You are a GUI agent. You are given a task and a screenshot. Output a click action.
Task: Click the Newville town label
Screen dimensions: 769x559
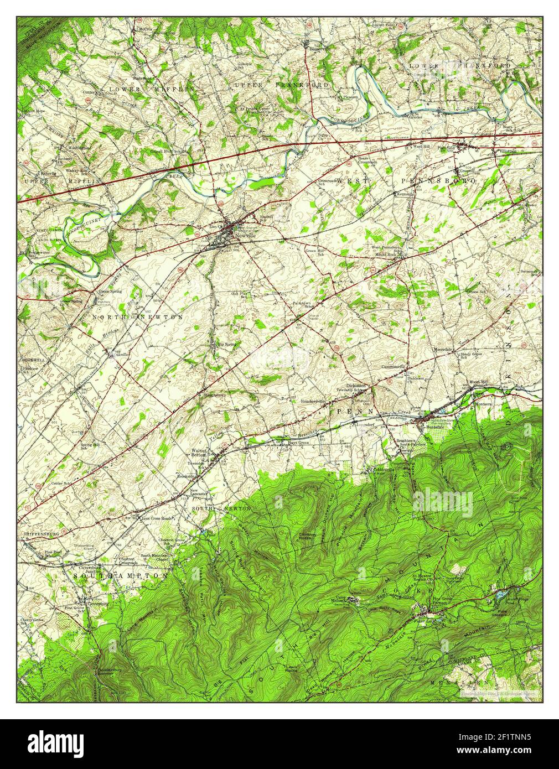[x=246, y=235]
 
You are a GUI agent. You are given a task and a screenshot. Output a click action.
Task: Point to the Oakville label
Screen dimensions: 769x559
[x=120, y=354]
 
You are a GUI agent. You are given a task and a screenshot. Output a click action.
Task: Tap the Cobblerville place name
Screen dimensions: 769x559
[x=383, y=470]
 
